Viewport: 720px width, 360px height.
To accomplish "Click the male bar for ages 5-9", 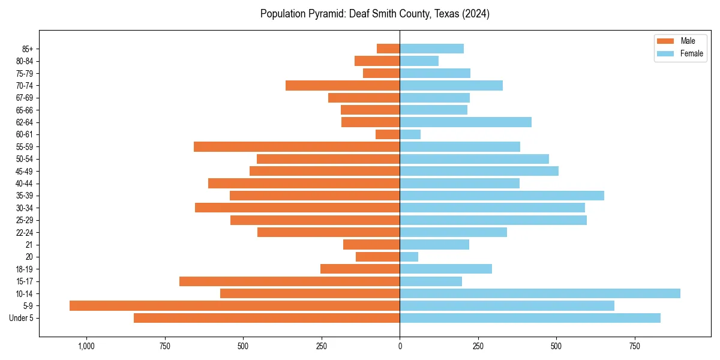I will coord(235,306).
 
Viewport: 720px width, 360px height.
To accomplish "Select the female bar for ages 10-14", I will coord(540,293).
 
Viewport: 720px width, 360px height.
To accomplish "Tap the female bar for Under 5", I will coord(530,318).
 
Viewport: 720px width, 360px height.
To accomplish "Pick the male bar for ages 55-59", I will coord(296,146).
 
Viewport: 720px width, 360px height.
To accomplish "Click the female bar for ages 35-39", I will coord(502,196).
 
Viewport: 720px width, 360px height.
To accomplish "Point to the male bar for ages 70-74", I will coord(343,85).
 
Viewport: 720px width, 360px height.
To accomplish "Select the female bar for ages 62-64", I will coord(466,122).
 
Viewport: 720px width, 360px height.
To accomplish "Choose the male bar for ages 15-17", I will coord(289,281).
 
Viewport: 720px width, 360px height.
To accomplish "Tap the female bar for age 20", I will coord(409,257).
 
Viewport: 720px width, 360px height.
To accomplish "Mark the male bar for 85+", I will coord(388,49).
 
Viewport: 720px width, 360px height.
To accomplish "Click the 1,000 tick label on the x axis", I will coord(86,346).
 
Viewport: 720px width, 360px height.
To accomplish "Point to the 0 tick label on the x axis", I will coord(400,346).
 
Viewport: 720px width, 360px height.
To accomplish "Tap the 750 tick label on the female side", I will coord(634,346).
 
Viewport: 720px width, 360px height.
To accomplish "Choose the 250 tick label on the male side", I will coord(321,346).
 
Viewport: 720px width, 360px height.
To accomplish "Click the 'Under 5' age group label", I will coord(21,318).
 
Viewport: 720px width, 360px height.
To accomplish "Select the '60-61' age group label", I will coord(24,134).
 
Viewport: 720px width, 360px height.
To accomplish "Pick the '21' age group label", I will coord(29,245).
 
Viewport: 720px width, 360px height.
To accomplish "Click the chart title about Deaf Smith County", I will coord(375,14).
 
